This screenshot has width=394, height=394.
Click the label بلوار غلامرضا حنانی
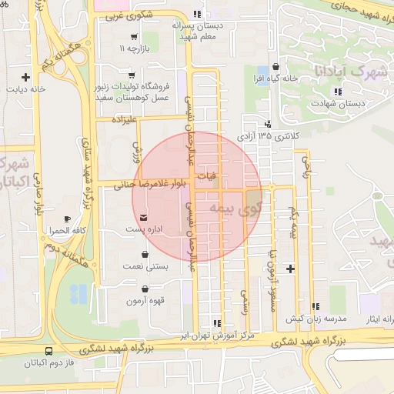pos(152,185)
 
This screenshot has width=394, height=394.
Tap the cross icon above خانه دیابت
pos(26,77)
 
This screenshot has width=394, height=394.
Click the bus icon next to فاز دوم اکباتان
pos(49,350)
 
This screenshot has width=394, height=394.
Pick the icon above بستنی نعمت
pos(145,255)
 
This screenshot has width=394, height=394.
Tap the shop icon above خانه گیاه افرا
pos(276,68)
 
